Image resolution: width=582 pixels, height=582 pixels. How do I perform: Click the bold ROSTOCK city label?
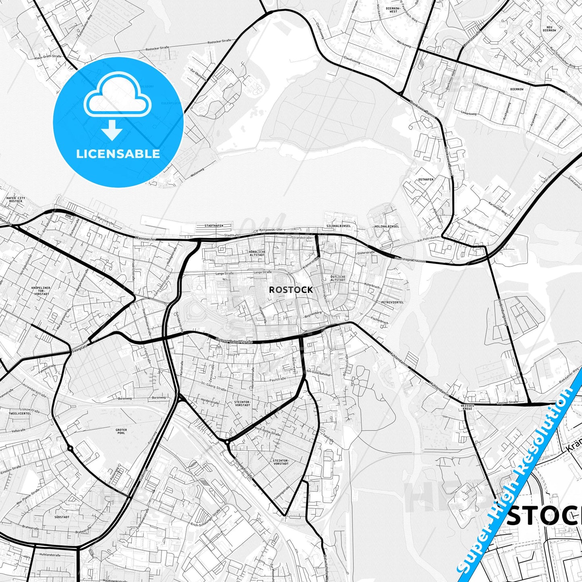coord(290,290)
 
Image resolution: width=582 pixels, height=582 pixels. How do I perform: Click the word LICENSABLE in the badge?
coord(118,154)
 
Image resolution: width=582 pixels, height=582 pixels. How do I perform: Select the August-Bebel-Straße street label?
coord(234,341)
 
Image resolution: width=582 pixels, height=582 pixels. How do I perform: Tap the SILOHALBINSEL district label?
coord(339,226)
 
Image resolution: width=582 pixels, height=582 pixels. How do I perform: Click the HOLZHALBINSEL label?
coord(386,226)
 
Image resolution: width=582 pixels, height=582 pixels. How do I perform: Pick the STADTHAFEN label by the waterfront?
coord(214,226)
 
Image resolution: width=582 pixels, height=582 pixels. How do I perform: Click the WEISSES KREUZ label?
coord(467,407)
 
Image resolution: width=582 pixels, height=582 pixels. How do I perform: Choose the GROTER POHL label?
coord(121,432)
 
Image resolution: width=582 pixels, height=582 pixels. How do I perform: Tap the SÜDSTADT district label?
coord(61,517)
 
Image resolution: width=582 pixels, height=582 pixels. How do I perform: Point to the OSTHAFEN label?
coord(426,179)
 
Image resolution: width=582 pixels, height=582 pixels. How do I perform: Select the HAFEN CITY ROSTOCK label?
coord(16,199)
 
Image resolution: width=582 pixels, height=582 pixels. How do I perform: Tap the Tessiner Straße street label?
coord(507,402)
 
